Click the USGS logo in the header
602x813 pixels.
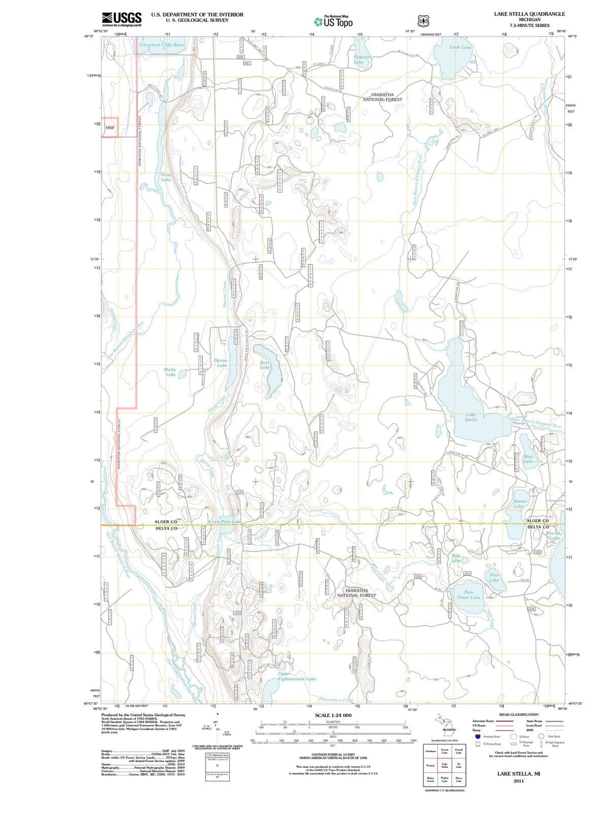122,19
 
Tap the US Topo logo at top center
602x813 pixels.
333,21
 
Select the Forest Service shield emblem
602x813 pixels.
424,21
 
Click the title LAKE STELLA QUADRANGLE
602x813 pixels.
529,14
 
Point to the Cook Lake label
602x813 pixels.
460,47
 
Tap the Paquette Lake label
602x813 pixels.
362,59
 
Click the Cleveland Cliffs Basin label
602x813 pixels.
162,45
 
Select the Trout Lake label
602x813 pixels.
166,177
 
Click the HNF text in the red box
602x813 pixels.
110,128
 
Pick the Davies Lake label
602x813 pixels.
221,362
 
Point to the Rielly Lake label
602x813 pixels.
170,372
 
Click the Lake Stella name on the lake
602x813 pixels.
471,417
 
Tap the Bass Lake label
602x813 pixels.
528,459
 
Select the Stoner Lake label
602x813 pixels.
520,504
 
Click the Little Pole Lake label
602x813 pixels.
225,522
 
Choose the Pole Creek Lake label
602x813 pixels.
468,595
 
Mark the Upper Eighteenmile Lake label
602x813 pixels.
297,676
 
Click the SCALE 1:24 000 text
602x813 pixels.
333,715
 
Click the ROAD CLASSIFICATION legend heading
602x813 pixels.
518,714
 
